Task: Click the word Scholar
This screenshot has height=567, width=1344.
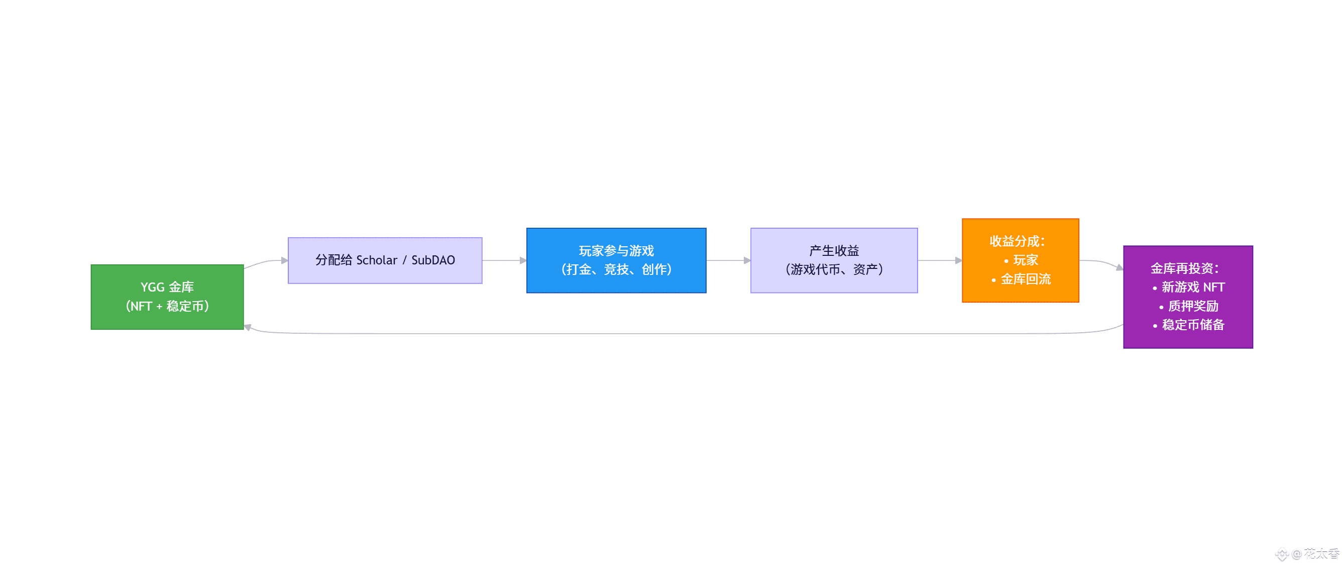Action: [x=376, y=260]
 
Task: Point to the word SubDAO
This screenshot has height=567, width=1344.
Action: [x=433, y=260]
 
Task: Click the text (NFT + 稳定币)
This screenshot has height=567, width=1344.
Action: [x=167, y=306]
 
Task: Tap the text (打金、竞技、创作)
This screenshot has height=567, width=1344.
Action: [x=616, y=269]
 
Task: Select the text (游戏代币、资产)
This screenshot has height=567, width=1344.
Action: [x=833, y=269]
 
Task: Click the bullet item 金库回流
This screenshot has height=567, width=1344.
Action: [x=1025, y=279]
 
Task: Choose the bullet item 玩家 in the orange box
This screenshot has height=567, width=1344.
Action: [x=1025, y=260]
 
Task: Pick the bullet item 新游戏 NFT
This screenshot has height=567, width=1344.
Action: [x=1192, y=287]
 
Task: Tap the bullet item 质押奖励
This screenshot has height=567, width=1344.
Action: [x=1192, y=306]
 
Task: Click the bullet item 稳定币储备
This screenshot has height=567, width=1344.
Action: [x=1192, y=325]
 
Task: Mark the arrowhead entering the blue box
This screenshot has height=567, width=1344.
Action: [x=523, y=260]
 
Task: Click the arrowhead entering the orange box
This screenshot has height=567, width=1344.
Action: [x=958, y=260]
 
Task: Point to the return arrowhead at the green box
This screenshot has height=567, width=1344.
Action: [x=248, y=327]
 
